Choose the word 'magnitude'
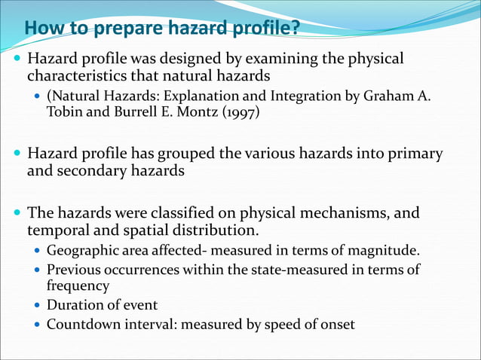[386, 251]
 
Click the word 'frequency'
[78, 286]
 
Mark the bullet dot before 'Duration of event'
[37, 306]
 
